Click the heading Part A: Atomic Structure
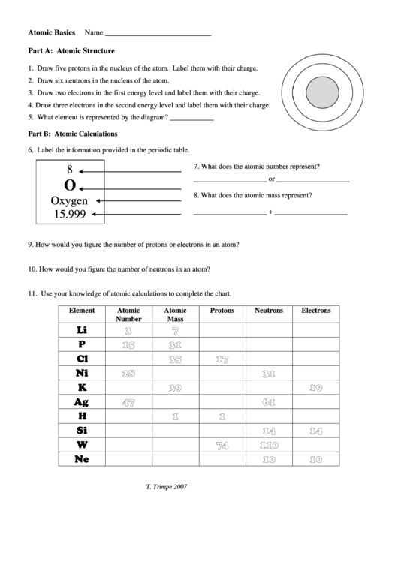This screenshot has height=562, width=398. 71,51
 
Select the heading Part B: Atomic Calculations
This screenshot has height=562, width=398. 73,134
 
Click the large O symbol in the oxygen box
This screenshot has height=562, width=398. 70,185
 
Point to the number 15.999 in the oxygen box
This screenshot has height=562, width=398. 69,215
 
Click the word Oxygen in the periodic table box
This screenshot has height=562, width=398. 69,201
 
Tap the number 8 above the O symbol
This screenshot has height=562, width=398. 70,170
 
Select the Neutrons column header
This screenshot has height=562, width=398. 269,310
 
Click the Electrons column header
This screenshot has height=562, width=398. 315,310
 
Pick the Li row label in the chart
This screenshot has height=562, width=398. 82,330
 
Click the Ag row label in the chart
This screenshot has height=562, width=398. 82,402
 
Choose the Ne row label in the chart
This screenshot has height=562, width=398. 82,458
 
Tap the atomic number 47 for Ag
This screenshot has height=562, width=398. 128,402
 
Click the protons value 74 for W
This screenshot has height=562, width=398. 222,445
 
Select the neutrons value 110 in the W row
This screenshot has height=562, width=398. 269,445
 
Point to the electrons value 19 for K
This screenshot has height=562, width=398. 315,388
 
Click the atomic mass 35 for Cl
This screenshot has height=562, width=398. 176,359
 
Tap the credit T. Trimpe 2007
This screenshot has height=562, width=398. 167,486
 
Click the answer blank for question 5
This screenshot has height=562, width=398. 192,119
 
